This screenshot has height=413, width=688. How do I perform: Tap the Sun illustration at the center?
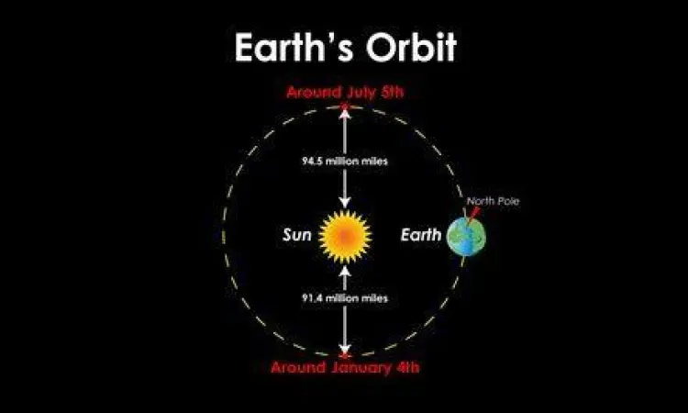click(x=345, y=235)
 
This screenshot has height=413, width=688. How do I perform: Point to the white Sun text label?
click(x=297, y=235)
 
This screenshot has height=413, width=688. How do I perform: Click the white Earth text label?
click(x=421, y=235)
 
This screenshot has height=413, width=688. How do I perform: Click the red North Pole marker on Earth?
click(x=474, y=214)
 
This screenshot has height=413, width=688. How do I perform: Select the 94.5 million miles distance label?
click(x=345, y=161)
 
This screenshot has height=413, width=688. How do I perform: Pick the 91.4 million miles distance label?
click(x=345, y=299)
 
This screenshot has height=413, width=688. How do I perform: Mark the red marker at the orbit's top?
click(x=345, y=107)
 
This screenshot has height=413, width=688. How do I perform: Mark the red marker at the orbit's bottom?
click(x=345, y=354)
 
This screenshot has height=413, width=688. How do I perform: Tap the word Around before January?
click(x=298, y=368)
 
